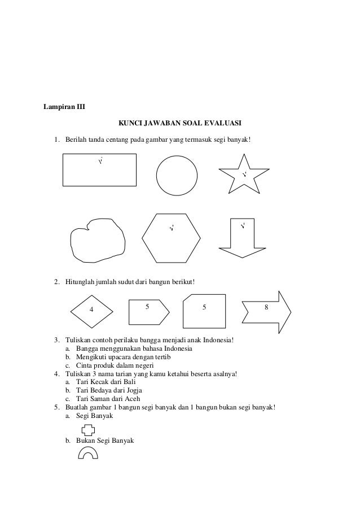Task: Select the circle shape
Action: (x=177, y=175)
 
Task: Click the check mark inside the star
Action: (x=244, y=175)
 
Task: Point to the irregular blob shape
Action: (x=96, y=239)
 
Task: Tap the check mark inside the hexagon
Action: (x=172, y=229)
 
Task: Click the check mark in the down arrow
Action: (x=243, y=227)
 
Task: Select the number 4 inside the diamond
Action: (x=91, y=310)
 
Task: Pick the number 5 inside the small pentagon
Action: (x=147, y=307)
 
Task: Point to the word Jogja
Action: (x=134, y=390)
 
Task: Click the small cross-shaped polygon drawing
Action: (x=88, y=431)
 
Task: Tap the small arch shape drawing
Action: (x=87, y=452)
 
